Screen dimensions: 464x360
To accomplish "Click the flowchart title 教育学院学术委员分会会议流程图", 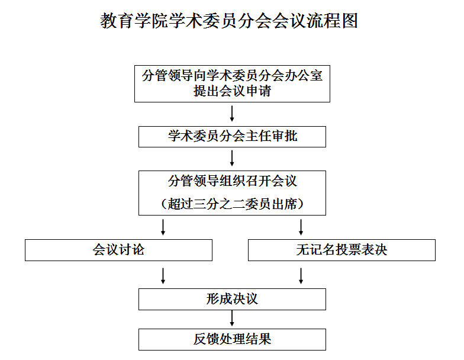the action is (x=228, y=21).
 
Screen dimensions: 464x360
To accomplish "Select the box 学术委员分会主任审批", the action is (x=232, y=137).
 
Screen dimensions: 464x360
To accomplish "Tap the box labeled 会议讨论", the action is (x=118, y=250).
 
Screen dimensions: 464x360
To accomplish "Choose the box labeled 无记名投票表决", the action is (x=341, y=250).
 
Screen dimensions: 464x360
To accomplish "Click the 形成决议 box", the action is (x=232, y=300).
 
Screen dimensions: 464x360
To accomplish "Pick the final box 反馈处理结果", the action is (x=232, y=340).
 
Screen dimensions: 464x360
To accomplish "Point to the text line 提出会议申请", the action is (x=232, y=91).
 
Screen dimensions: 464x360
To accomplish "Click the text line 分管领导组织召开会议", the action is (x=232, y=181).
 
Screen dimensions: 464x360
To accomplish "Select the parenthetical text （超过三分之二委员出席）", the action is (x=232, y=204).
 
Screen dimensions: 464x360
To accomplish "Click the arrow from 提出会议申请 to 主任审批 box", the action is (x=232, y=114).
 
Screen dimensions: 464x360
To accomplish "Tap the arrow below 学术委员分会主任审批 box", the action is (x=232, y=158).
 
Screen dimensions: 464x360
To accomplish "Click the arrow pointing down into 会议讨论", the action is (x=163, y=227).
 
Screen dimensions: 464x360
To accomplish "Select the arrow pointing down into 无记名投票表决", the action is (x=301, y=227).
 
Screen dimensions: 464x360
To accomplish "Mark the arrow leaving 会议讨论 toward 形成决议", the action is (x=163, y=276).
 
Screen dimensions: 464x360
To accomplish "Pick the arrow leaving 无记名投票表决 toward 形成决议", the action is (x=301, y=276).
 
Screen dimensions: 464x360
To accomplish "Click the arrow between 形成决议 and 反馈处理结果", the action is (x=232, y=319).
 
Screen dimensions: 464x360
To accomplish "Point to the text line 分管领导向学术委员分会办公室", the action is (x=232, y=76).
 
